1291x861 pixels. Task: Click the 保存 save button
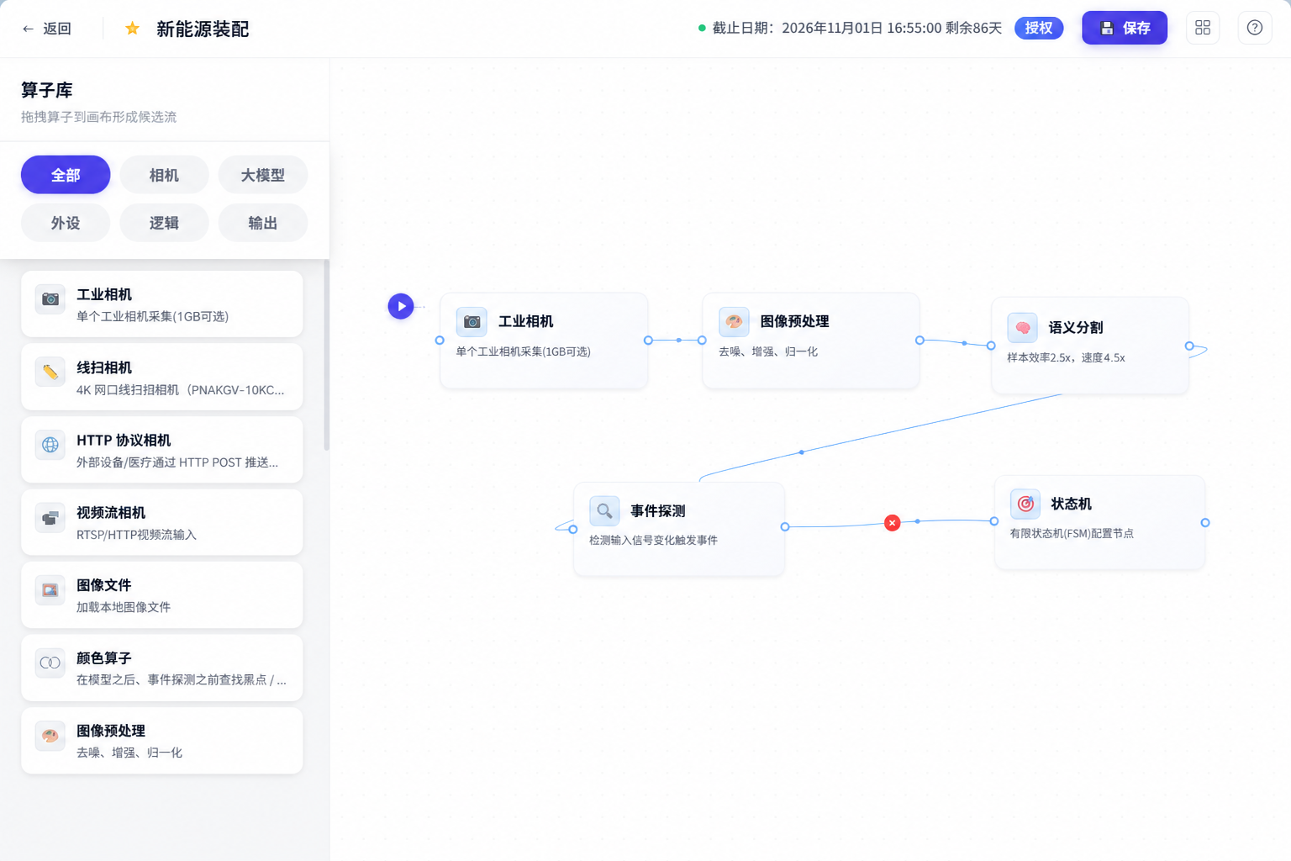(x=1125, y=28)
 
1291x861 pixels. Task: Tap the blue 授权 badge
(x=1039, y=28)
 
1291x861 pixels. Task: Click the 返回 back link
(x=47, y=29)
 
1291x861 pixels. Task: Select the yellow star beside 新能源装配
(x=133, y=29)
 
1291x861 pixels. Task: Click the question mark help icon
(x=1255, y=28)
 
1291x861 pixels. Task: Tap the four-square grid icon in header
(x=1203, y=28)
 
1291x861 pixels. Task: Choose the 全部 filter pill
(x=66, y=175)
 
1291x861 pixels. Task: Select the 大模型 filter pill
(x=263, y=175)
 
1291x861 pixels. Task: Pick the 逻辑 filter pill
(x=164, y=223)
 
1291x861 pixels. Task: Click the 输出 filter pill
(x=263, y=223)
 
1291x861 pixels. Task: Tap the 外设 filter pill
(x=66, y=223)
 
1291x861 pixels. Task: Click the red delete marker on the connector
(x=892, y=523)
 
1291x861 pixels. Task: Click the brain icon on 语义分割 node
(x=1022, y=328)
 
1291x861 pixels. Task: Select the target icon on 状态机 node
(x=1025, y=504)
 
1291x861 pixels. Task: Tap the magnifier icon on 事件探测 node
(x=604, y=511)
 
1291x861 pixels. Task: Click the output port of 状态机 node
(x=1205, y=522)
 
